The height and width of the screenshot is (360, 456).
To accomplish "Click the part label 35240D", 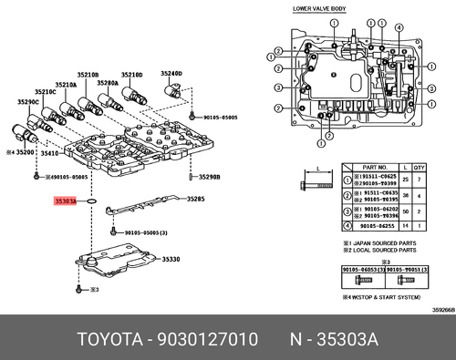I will pyautogui.click(x=172, y=72).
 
